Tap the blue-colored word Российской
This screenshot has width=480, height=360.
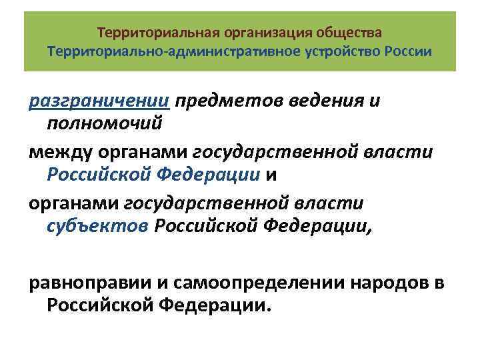tap(102, 174)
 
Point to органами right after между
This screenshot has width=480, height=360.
tap(141, 153)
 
